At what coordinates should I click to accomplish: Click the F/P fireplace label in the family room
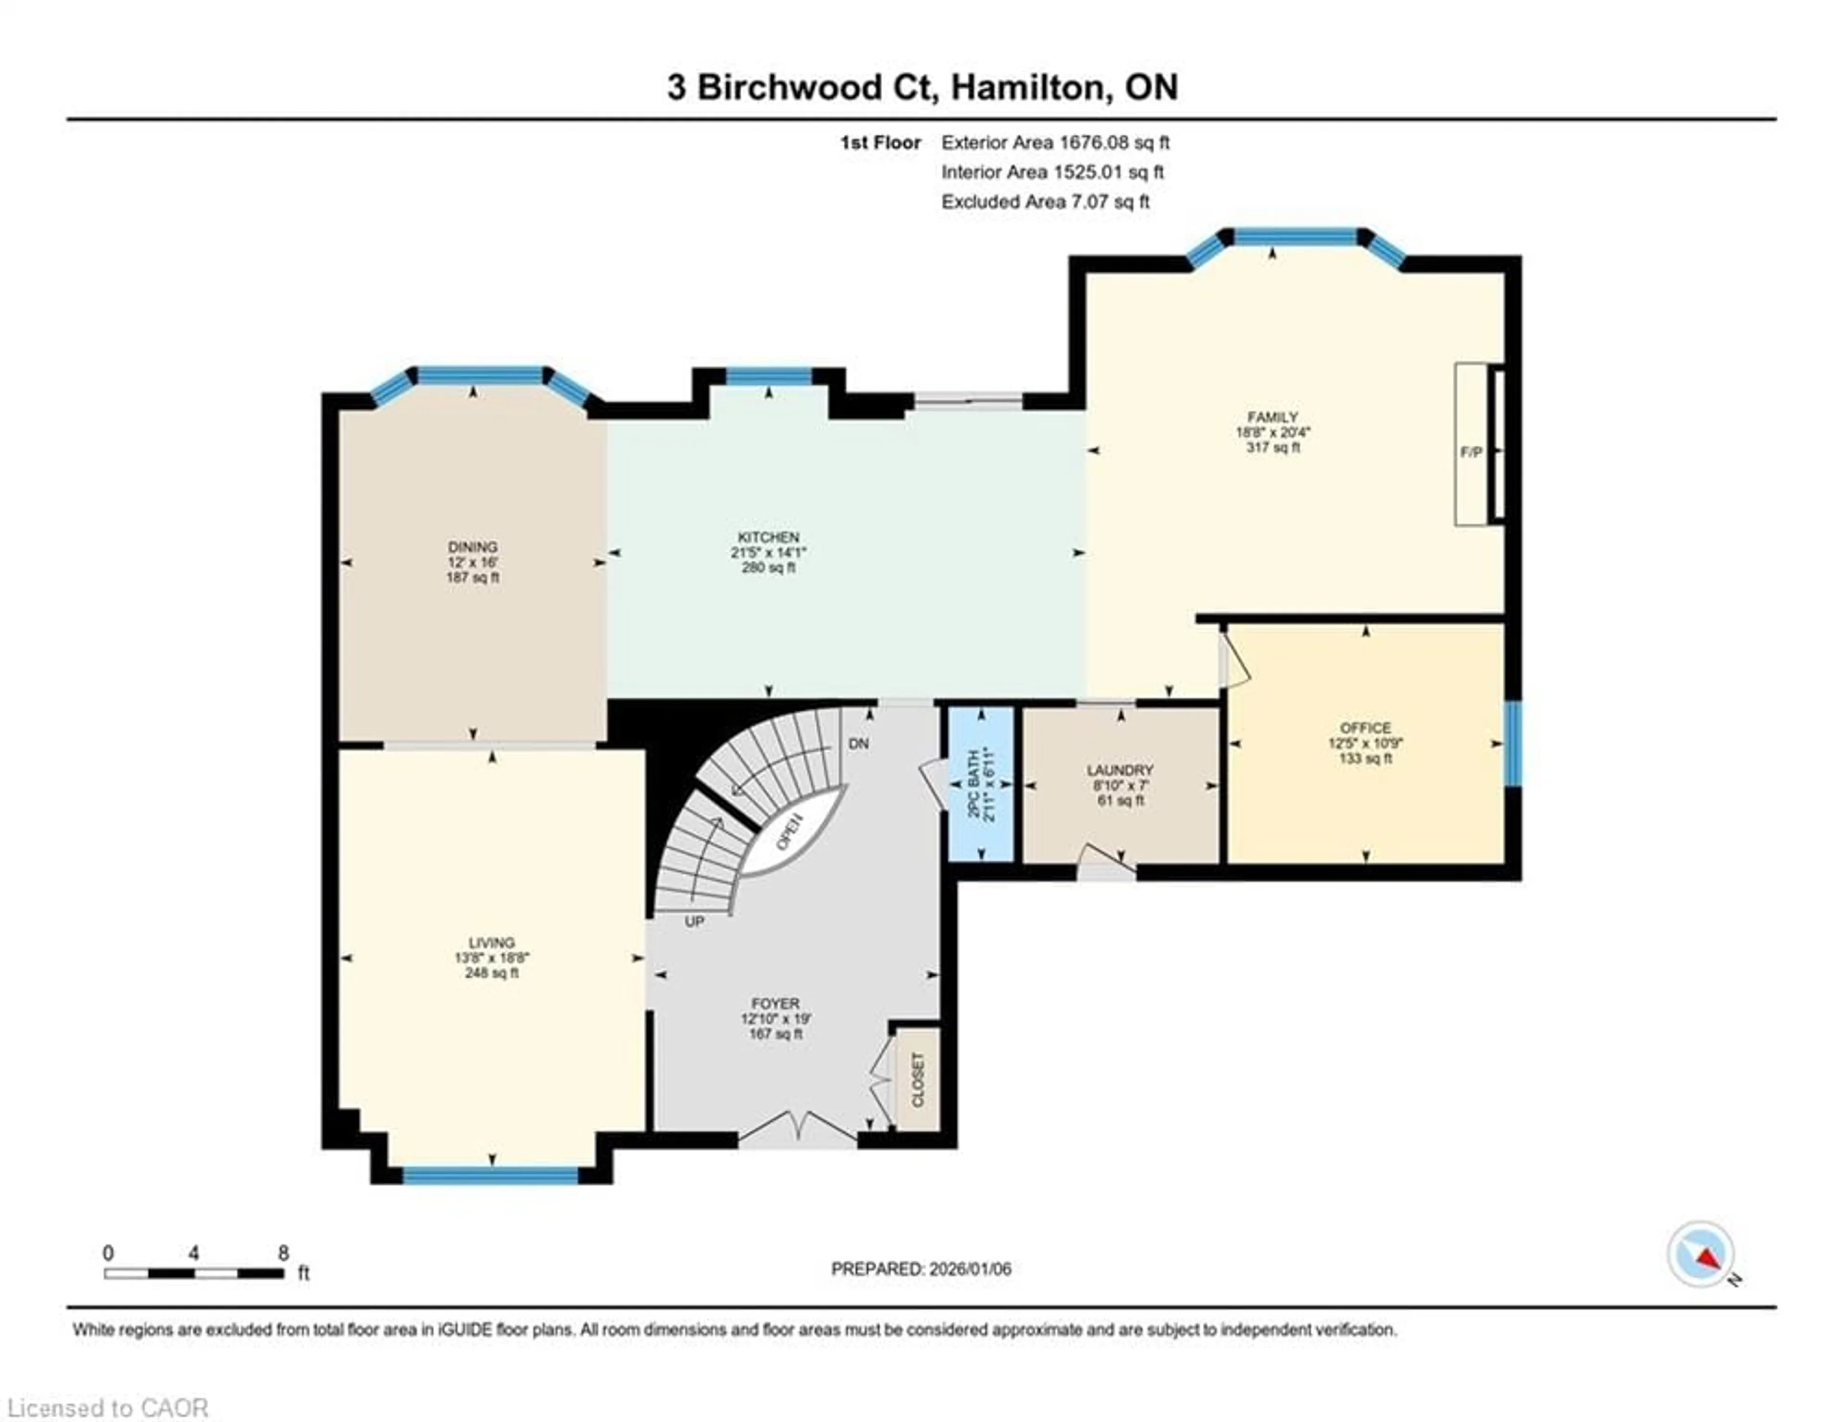click(x=1471, y=452)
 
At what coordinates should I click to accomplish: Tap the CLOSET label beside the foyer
click(x=918, y=1080)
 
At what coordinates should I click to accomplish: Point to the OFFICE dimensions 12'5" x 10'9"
click(x=1366, y=743)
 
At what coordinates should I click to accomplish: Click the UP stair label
click(x=694, y=922)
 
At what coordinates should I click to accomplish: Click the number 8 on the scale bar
click(x=283, y=1253)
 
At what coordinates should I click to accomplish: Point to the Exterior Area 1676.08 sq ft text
click(x=1055, y=142)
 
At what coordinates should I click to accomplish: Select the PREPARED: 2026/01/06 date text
click(x=921, y=1268)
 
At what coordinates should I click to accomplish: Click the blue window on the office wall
click(x=1513, y=744)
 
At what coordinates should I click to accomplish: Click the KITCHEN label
click(x=768, y=537)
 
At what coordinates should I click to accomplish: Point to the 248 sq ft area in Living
click(x=492, y=972)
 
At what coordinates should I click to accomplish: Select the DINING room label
click(x=472, y=546)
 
